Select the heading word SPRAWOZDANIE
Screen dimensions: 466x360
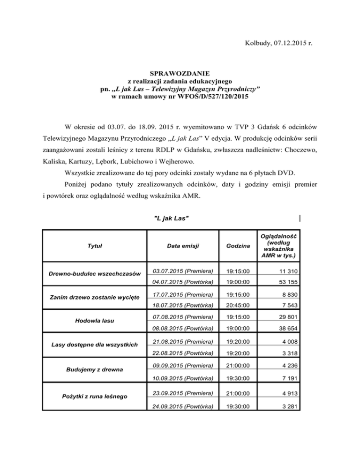[x=180, y=73]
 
